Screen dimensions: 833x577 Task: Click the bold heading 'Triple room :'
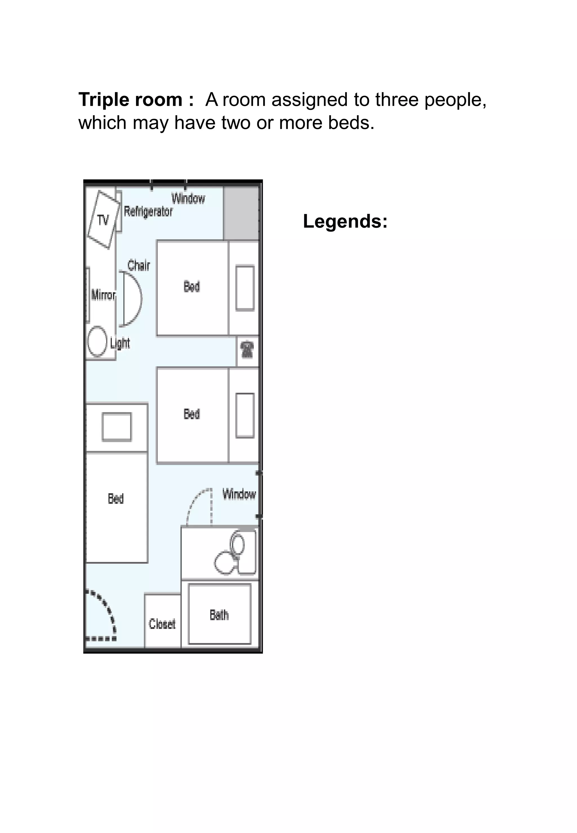136,100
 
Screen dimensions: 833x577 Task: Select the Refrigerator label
148,211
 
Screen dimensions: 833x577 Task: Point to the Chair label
138,265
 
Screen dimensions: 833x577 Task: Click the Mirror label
103,295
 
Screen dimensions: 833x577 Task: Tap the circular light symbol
97,341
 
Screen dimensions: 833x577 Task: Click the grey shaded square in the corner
241,213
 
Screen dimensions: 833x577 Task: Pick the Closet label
162,624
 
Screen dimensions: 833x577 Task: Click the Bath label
219,615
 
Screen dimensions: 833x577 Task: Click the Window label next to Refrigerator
188,198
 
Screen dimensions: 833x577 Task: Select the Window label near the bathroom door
239,494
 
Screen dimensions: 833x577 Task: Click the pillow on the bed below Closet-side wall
117,427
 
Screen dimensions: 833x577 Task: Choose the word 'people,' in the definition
455,100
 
